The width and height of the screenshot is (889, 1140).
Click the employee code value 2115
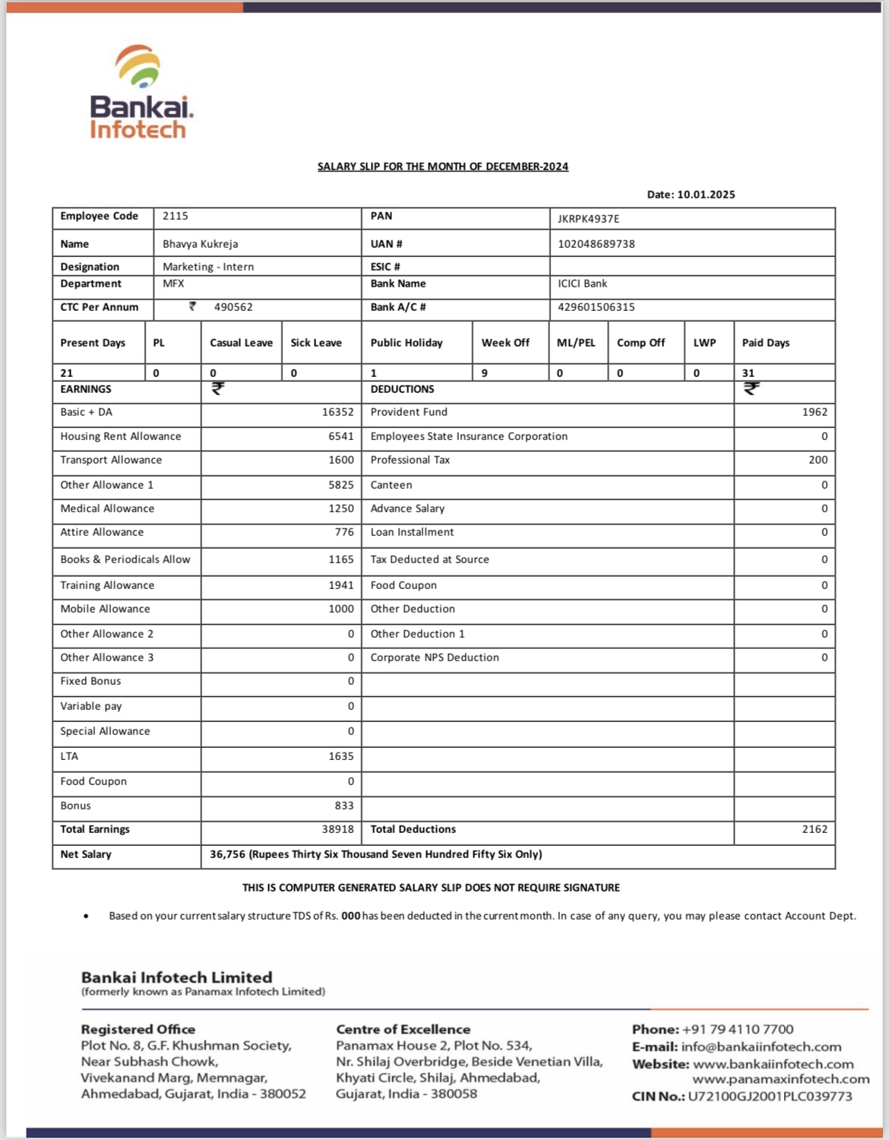(x=176, y=216)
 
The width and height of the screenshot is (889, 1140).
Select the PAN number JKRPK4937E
(x=588, y=219)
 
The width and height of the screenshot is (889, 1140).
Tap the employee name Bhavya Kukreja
(x=200, y=244)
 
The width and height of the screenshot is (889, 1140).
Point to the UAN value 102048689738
(x=596, y=244)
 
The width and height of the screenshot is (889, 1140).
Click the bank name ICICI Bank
(x=582, y=283)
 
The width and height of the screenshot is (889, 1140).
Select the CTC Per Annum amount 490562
(x=233, y=307)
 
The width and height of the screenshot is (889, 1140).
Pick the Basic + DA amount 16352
(x=337, y=412)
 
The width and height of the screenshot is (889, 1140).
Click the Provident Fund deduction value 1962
(x=815, y=412)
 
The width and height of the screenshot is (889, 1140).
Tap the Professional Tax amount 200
(x=818, y=460)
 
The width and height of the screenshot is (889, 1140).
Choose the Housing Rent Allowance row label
(x=121, y=436)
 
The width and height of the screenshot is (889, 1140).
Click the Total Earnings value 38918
(x=337, y=829)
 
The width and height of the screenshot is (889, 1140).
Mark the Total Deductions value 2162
(x=815, y=829)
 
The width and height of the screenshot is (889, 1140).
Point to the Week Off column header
(x=505, y=343)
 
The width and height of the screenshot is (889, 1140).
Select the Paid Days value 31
(x=748, y=373)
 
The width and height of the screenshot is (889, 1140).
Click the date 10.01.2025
(x=706, y=195)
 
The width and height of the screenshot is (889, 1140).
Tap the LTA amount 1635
(x=341, y=756)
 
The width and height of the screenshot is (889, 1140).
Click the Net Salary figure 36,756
(x=228, y=854)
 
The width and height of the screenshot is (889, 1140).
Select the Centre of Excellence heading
(x=403, y=1029)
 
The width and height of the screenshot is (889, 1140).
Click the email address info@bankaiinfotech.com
(x=761, y=1047)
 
